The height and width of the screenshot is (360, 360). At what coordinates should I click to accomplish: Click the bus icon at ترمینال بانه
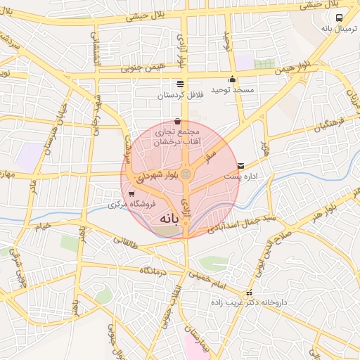click(x=340, y=18)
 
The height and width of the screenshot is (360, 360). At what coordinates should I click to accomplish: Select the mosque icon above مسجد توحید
click(x=232, y=79)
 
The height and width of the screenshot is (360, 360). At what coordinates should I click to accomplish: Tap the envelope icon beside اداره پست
click(x=242, y=165)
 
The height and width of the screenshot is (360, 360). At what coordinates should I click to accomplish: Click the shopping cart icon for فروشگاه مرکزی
click(x=132, y=194)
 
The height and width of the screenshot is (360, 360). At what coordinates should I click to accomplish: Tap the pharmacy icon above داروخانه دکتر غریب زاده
click(x=248, y=293)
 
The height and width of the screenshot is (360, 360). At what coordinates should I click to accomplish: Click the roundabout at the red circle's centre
click(x=186, y=173)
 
